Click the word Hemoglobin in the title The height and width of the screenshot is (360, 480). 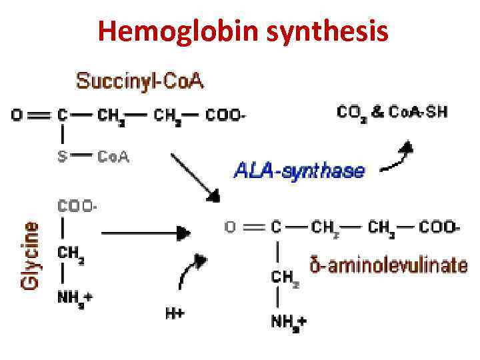[172, 30]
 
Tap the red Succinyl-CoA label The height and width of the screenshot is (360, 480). [140, 82]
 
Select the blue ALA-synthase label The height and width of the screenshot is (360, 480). [299, 171]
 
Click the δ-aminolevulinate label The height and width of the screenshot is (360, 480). [389, 265]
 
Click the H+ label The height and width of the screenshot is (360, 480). [175, 312]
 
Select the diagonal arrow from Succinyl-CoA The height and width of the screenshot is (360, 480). [195, 177]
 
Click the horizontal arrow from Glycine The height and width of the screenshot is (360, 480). [143, 233]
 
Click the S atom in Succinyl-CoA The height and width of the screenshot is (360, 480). [61, 157]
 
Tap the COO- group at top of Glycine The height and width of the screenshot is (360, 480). [77, 207]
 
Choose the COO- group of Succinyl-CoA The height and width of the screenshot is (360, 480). [225, 115]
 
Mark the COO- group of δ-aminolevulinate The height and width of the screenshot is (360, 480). [439, 227]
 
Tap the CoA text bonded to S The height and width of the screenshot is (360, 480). [113, 157]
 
